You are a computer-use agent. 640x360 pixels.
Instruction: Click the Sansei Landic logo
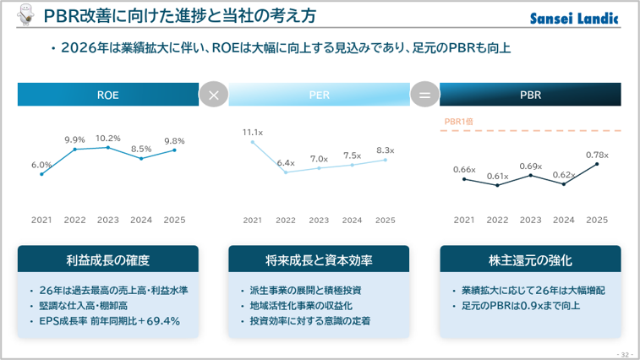pyautogui.click(x=574, y=19)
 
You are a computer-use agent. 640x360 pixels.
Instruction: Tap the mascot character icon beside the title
pyautogui.click(x=26, y=14)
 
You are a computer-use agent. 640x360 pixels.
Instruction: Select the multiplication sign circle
pyautogui.click(x=213, y=95)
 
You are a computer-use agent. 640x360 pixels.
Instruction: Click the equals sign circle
pyautogui.click(x=424, y=95)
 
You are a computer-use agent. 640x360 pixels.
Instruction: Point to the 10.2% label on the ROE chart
pyautogui.click(x=108, y=139)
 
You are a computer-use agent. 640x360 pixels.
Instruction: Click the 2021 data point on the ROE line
pyautogui.click(x=41, y=174)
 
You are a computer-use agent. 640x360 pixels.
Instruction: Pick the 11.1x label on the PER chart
pyautogui.click(x=253, y=133)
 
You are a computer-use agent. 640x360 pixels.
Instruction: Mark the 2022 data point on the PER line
pyautogui.click(x=286, y=172)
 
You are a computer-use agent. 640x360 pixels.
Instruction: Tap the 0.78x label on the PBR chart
pyautogui.click(x=597, y=155)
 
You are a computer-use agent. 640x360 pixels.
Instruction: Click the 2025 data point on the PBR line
pyautogui.click(x=597, y=164)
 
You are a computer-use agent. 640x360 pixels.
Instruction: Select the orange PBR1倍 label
pyautogui.click(x=459, y=122)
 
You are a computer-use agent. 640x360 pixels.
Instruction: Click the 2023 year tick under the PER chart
pyautogui.click(x=319, y=221)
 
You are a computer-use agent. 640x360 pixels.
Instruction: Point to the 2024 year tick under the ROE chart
pyautogui.click(x=141, y=220)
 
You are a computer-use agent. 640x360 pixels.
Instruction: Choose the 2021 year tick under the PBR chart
pyautogui.click(x=464, y=220)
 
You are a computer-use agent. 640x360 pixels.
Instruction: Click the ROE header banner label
pyautogui.click(x=107, y=95)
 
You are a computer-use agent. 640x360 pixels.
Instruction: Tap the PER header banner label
pyautogui.click(x=320, y=95)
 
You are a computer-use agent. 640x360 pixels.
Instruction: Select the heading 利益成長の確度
pyautogui.click(x=108, y=260)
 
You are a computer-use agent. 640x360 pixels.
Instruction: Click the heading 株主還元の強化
pyautogui.click(x=530, y=260)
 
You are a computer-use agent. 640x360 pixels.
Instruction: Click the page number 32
pyautogui.click(x=625, y=355)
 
